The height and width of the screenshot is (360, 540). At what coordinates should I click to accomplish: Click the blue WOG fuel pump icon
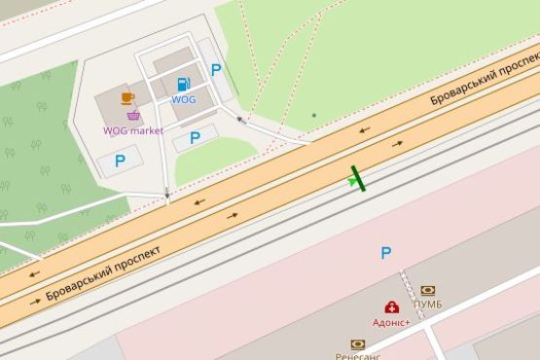coord(183,85)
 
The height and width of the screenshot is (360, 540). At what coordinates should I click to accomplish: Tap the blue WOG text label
coord(183,99)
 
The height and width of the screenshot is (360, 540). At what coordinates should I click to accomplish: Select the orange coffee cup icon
coord(127,98)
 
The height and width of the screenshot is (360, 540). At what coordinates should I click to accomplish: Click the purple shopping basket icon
coord(133,116)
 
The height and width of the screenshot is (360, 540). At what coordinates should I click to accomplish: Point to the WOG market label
coord(133,130)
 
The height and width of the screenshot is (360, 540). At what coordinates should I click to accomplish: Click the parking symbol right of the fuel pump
coord(216,69)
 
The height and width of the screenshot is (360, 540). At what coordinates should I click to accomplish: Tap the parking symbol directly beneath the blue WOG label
coord(195,138)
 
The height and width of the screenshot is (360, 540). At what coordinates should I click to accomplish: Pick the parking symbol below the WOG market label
coord(120,161)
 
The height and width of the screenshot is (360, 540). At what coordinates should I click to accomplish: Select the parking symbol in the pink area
coord(386,253)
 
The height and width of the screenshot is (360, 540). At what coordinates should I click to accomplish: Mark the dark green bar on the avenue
coord(359,178)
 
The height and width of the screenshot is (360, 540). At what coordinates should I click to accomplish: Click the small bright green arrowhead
coord(352,181)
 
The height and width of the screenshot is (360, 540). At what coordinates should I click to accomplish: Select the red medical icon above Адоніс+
coord(391,306)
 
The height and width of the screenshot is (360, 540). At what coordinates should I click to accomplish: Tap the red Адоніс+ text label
coord(391,321)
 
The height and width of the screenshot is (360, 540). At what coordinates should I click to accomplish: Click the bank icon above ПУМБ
coord(428,290)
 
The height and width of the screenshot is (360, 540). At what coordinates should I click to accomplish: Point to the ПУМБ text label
coord(428,305)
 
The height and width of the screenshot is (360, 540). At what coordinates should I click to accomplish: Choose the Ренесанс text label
coord(358,355)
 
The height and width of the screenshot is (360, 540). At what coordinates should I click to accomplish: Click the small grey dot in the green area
coord(313,115)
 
